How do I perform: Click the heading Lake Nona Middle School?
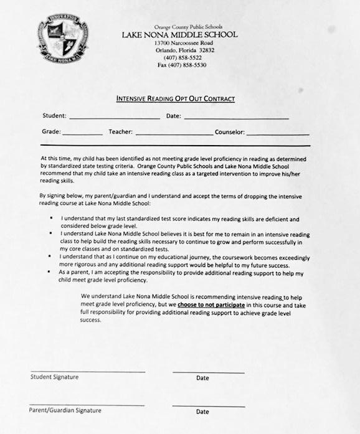coord(179,34)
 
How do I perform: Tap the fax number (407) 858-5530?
coord(182,65)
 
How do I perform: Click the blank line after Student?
coord(114,118)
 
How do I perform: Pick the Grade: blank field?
coord(82,134)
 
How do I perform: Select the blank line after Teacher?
coord(173,134)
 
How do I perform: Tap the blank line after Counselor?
coord(277,134)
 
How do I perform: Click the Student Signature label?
coord(55,377)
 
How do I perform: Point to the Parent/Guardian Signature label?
coord(65,410)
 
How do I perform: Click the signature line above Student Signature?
coord(87,371)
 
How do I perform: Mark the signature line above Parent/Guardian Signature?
coord(87,405)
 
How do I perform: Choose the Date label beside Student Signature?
coord(202,378)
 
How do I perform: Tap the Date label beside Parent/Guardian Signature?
coord(202,412)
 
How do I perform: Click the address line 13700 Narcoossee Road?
coord(179,42)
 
